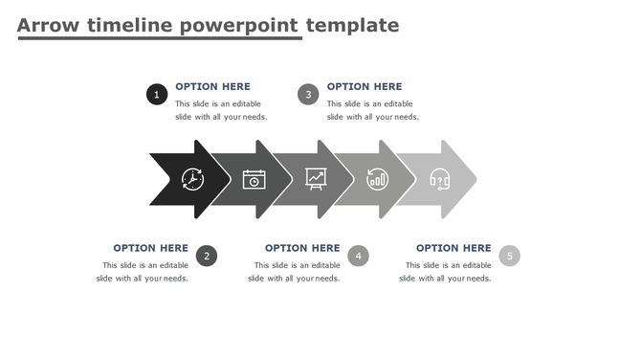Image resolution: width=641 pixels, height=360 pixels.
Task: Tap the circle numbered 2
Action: tap(207, 256)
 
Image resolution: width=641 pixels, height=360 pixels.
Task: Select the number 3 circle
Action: tap(308, 94)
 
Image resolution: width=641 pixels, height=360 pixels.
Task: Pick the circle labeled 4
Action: tap(358, 256)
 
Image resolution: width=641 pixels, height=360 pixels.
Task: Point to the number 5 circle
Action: tap(510, 256)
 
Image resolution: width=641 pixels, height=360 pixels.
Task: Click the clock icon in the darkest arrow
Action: tap(192, 179)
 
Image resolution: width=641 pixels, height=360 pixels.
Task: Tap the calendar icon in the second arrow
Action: tap(254, 179)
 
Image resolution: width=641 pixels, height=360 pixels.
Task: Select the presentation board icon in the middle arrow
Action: tap(316, 178)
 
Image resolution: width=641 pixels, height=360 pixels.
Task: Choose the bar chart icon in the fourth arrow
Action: tap(378, 179)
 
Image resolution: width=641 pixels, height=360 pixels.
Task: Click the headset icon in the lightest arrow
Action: tap(440, 179)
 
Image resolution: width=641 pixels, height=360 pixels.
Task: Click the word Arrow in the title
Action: tap(48, 25)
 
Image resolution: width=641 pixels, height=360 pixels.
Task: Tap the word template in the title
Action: tap(351, 25)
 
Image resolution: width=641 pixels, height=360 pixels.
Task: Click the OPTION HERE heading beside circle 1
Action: tap(212, 86)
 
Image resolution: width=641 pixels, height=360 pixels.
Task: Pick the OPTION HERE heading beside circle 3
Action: tap(365, 86)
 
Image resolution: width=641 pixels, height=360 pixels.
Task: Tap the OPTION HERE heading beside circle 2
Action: tap(150, 248)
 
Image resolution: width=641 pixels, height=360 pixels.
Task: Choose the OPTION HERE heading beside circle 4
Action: tap(302, 248)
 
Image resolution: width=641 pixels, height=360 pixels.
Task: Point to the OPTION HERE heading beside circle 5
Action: tap(453, 248)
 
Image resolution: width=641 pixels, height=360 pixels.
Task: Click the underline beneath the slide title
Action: tap(159, 38)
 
